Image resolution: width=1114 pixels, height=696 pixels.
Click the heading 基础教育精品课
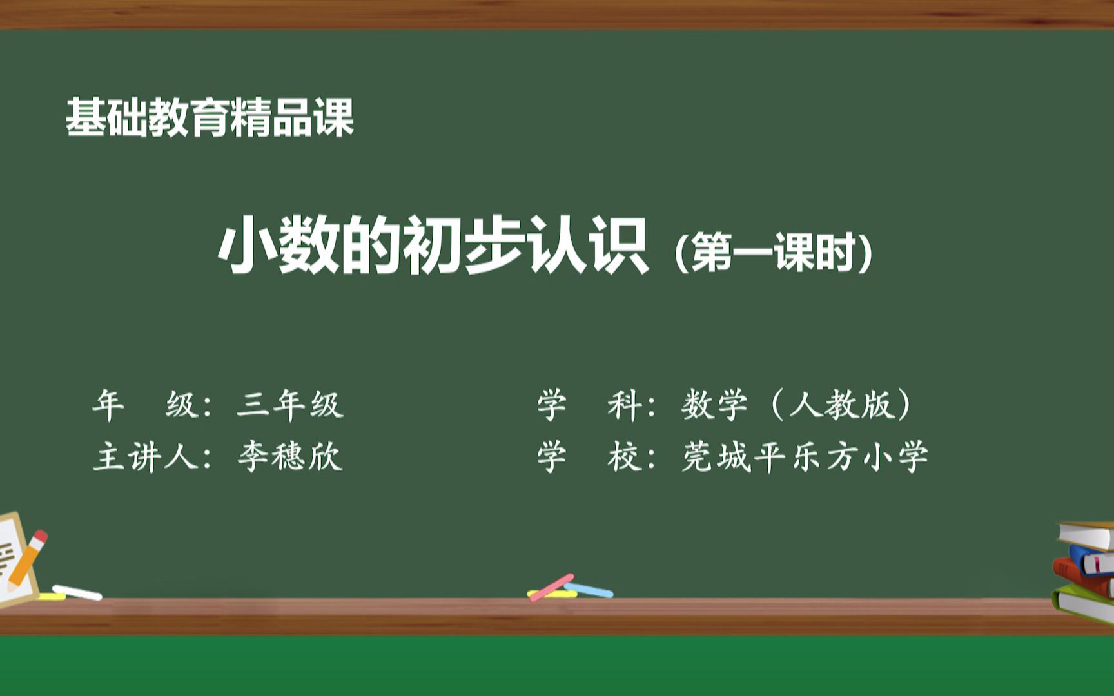coord(210,118)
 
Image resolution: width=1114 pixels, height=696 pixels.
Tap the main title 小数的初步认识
coord(433,246)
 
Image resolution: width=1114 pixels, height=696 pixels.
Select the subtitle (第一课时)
coord(773,252)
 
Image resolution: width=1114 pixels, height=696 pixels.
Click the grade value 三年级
coord(289,405)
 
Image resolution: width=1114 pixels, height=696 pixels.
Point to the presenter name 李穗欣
coord(289,457)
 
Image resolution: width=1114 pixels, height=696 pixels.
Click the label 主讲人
coord(146,457)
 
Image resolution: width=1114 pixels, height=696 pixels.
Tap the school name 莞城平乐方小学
coord(805,457)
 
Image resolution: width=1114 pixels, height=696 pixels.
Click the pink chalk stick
coord(551,587)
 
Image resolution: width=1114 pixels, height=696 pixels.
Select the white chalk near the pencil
coord(77,592)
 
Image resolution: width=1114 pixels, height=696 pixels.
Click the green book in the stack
coord(1083,603)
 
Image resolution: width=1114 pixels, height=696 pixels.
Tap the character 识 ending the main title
coord(619,246)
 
